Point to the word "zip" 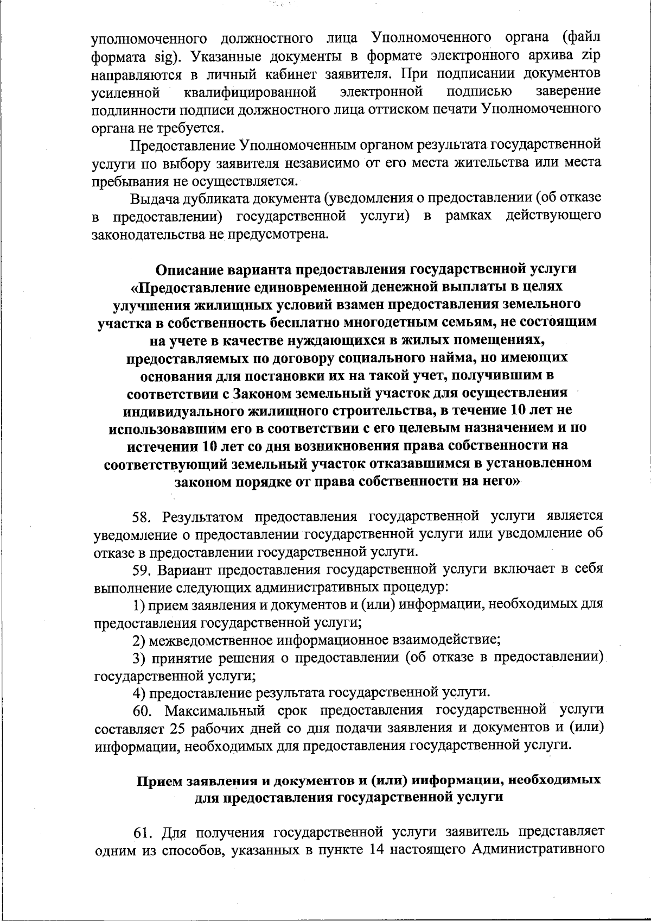(589, 56)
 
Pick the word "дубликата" (218, 198)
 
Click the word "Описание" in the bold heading (190, 269)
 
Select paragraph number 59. (143, 570)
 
